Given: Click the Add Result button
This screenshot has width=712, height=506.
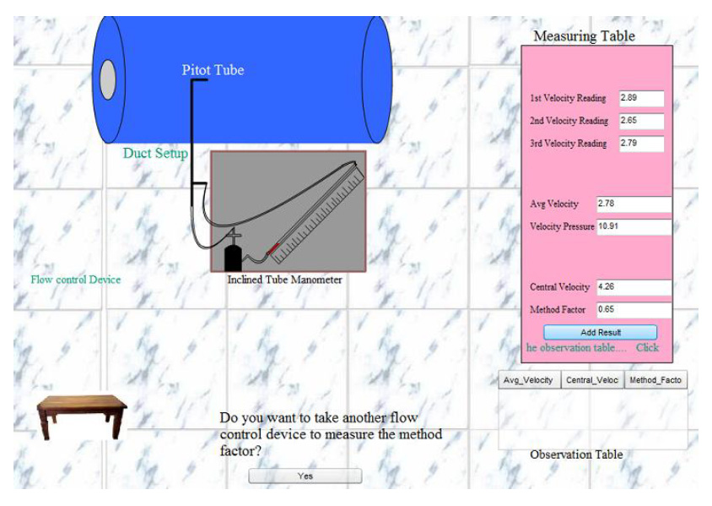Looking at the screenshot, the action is [601, 332].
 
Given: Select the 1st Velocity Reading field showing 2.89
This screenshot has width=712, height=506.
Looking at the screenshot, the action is [642, 98].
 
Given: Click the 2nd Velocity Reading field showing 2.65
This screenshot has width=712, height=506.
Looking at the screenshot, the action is [642, 121].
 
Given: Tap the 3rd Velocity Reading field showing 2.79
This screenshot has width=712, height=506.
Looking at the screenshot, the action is [642, 144].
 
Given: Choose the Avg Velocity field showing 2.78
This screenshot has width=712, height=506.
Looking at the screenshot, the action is [634, 204].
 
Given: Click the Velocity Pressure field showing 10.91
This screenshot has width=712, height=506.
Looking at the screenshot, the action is [634, 227].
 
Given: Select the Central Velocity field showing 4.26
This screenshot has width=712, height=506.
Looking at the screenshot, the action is [634, 287].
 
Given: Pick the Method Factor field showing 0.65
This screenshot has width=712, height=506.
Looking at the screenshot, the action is [634, 310].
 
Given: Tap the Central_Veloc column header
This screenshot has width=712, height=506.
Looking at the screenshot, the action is [592, 380].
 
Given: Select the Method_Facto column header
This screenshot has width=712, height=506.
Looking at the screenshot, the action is [655, 380].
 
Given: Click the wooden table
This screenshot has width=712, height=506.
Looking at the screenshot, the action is [82, 416].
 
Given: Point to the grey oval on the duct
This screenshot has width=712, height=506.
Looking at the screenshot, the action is [108, 79].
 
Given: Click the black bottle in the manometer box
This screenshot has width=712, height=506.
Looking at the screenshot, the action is [234, 258].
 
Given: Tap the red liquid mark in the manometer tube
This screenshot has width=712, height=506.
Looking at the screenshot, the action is [272, 248].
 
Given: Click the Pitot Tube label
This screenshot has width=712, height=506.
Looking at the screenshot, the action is [213, 70].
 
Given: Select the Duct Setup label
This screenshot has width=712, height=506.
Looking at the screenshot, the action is [155, 153].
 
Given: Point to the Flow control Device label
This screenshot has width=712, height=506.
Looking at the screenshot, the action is [76, 280].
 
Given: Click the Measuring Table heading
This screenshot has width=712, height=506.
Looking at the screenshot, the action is [585, 36].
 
